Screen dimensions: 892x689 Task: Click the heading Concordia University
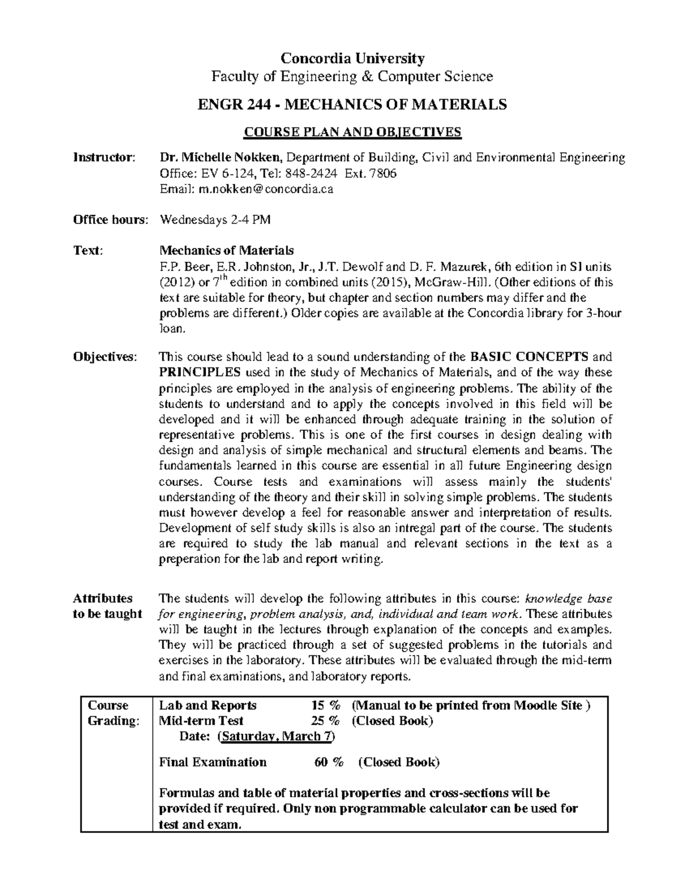point(352,58)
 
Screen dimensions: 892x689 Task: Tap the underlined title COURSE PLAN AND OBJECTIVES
point(353,132)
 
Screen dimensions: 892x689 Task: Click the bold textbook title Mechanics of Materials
point(226,251)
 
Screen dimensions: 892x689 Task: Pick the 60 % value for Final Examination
point(329,762)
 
